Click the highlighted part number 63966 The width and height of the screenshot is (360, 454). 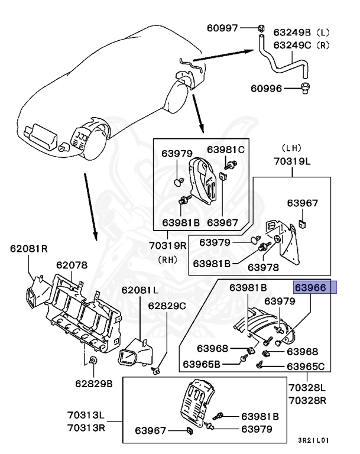[x=315, y=288]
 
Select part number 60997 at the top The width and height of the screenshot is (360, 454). [x=222, y=28]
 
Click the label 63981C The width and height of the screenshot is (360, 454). [x=225, y=150]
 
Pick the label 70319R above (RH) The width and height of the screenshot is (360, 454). [x=164, y=244]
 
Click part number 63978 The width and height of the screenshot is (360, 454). [x=263, y=267]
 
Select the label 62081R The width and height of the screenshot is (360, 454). [x=28, y=249]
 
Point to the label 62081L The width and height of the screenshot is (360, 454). [x=140, y=290]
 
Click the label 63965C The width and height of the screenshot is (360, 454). [x=306, y=367]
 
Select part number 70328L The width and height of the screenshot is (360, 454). [x=307, y=388]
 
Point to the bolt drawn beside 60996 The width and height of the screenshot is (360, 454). [x=307, y=89]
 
